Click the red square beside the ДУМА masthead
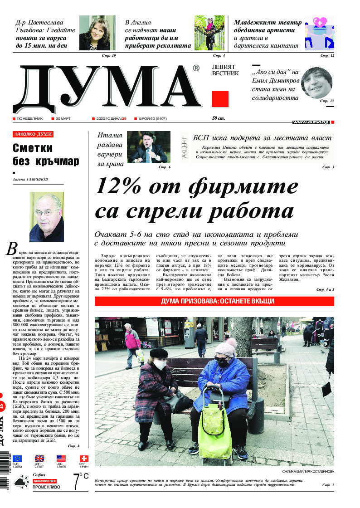(x=220, y=98)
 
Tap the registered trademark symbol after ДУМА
(x=196, y=68)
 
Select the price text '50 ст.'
(x=219, y=119)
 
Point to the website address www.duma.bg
(x=311, y=122)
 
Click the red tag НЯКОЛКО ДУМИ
(x=33, y=134)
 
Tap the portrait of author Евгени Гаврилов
(x=46, y=217)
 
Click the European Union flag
(x=18, y=459)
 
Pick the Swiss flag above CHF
(x=84, y=459)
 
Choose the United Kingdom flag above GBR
(x=39, y=459)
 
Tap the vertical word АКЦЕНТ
(x=184, y=148)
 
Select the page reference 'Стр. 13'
(x=326, y=101)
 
